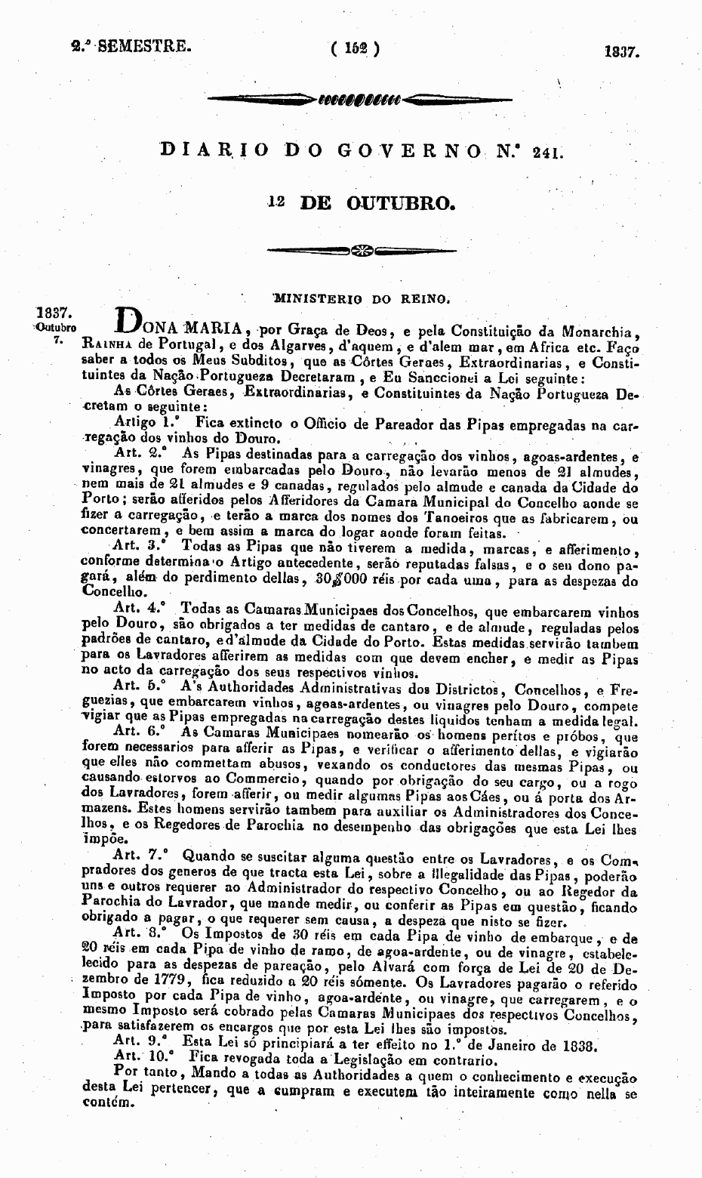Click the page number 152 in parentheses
tap(355, 50)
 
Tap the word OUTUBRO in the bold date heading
tap(400, 202)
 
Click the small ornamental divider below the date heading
tap(362, 250)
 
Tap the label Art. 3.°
tap(140, 545)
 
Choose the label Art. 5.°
tap(138, 688)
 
